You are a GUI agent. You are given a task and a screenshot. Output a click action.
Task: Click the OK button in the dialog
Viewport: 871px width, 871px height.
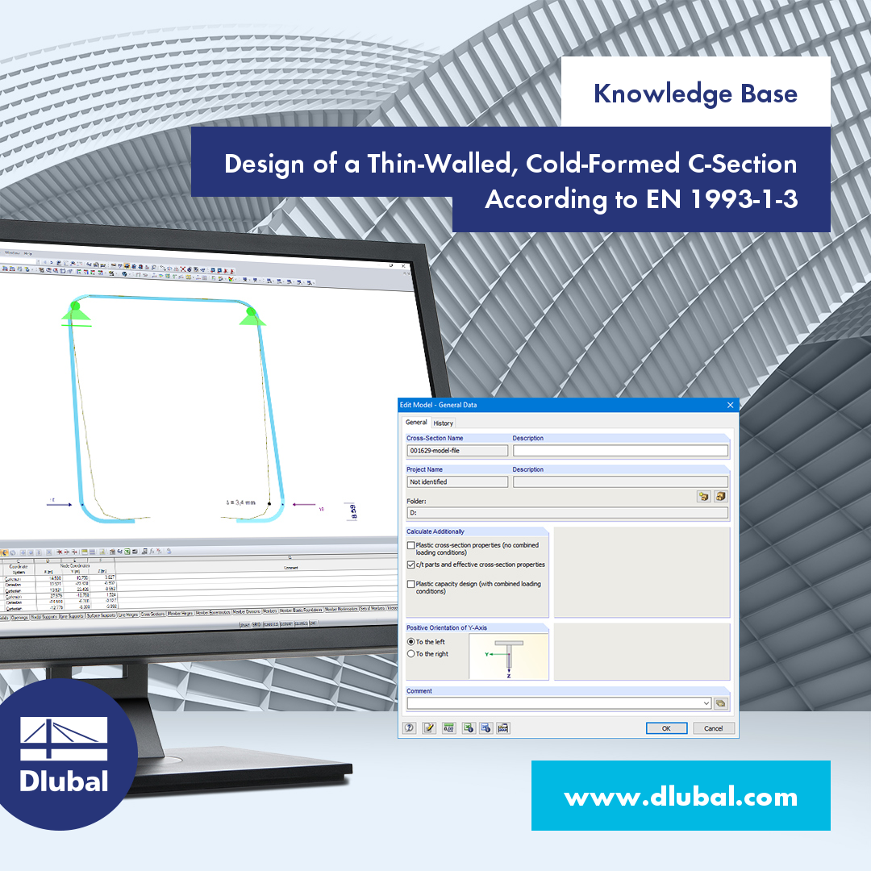point(666,727)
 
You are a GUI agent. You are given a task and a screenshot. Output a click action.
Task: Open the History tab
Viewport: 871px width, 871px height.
point(443,423)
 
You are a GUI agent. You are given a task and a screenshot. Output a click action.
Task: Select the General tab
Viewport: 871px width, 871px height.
point(416,422)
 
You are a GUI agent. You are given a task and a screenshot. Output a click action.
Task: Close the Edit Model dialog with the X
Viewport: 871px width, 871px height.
point(731,405)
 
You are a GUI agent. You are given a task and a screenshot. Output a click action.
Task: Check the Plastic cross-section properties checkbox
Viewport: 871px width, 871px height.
point(411,546)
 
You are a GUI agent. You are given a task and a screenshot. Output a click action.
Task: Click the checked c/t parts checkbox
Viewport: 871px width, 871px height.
point(411,565)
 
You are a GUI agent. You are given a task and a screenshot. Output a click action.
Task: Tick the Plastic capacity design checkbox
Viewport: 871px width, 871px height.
point(411,585)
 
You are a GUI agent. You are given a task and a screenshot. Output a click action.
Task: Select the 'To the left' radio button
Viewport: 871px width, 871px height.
point(411,642)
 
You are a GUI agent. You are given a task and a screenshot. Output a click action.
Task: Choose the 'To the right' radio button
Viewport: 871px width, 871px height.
point(411,654)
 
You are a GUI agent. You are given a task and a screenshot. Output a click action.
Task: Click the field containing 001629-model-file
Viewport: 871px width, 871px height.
point(457,451)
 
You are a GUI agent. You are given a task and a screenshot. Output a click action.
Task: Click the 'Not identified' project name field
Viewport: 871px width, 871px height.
point(457,481)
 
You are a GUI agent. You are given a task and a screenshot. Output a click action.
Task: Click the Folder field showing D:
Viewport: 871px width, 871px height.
point(567,512)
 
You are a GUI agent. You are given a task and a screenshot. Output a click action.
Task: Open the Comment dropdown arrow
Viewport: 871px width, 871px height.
point(706,703)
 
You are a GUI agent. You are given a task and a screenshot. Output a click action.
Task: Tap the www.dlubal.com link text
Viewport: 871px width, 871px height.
point(681,798)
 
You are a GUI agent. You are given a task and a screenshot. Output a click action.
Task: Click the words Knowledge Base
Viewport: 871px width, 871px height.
point(695,94)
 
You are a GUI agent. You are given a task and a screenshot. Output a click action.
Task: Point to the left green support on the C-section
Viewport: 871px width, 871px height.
point(76,311)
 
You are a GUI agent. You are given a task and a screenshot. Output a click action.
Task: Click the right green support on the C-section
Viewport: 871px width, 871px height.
point(251,315)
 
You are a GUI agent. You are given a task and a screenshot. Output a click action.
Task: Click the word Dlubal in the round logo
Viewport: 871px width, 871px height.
point(63,781)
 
